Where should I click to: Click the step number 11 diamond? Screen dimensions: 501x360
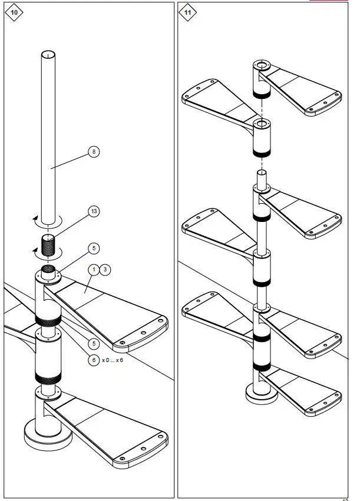coord(188,12)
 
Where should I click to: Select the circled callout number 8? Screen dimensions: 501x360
coord(93,151)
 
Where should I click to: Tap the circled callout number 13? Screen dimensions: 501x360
coord(93,211)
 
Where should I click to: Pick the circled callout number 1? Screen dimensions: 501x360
coord(93,269)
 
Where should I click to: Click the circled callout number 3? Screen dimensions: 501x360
coord(104,269)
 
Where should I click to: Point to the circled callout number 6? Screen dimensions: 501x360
coord(93,360)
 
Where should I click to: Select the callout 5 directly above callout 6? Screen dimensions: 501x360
coord(93,343)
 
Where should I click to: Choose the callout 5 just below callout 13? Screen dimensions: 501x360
coord(93,248)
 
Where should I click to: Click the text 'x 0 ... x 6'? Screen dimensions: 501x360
coord(113,360)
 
